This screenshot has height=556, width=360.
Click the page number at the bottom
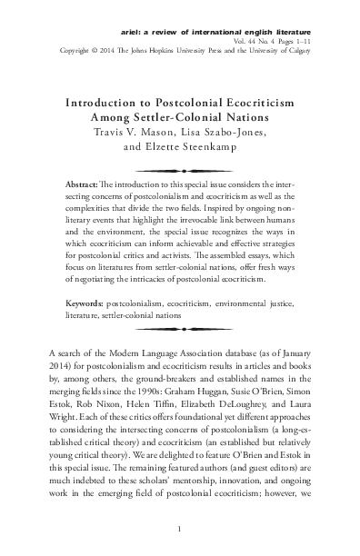tap(180, 530)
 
